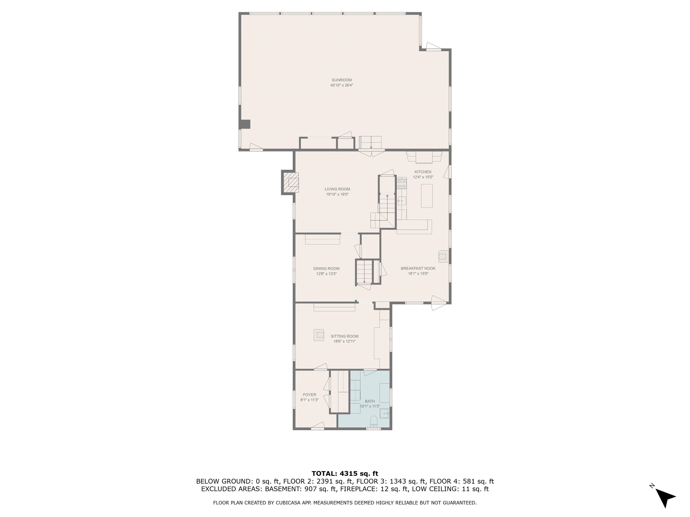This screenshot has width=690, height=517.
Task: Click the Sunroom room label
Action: tap(342, 80)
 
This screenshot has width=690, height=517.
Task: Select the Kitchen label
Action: tap(423, 172)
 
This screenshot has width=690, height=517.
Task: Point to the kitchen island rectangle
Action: tap(427, 196)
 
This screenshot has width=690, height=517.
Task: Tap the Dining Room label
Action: tap(326, 268)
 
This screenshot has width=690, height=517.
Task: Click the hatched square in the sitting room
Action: tap(319, 335)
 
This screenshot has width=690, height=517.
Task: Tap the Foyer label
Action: tap(310, 394)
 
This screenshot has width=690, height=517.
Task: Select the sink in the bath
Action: tap(384, 414)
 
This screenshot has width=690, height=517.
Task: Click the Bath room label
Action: tap(370, 401)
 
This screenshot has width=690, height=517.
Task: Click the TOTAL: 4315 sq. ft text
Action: tap(345, 474)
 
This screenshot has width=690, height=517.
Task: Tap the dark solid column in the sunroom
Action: tap(245, 124)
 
